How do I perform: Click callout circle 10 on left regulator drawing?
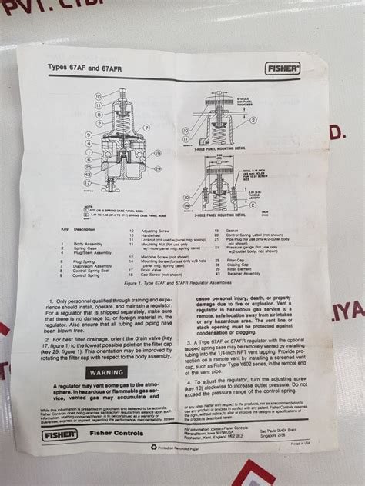point(99,95)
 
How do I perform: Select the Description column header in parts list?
point(85,228)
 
